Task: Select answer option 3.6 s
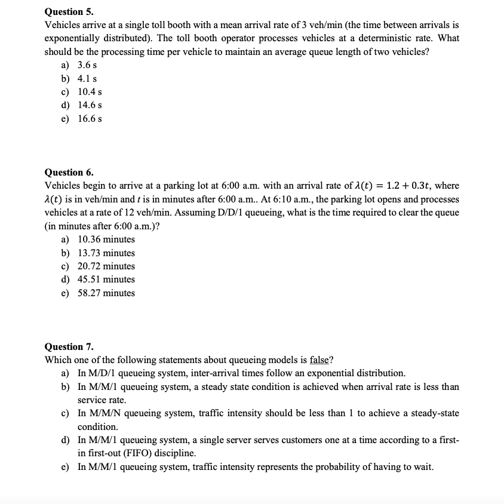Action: click(x=88, y=65)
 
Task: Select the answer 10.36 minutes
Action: click(x=106, y=239)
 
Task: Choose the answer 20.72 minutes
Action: click(x=106, y=266)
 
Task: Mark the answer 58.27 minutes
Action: click(x=106, y=293)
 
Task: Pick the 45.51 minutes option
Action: click(x=106, y=279)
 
